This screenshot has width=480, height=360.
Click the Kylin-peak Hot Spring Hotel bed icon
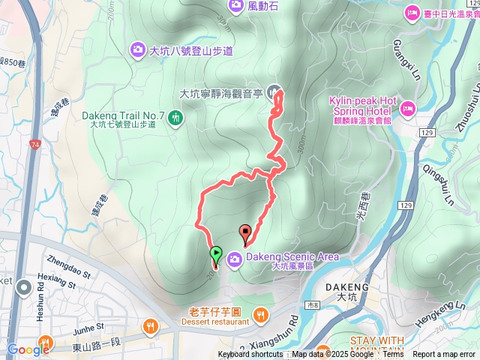tap(407, 106)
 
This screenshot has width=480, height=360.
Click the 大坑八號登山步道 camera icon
tap(137, 50)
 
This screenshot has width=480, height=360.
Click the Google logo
tap(28, 349)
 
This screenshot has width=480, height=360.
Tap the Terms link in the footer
tap(393, 355)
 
